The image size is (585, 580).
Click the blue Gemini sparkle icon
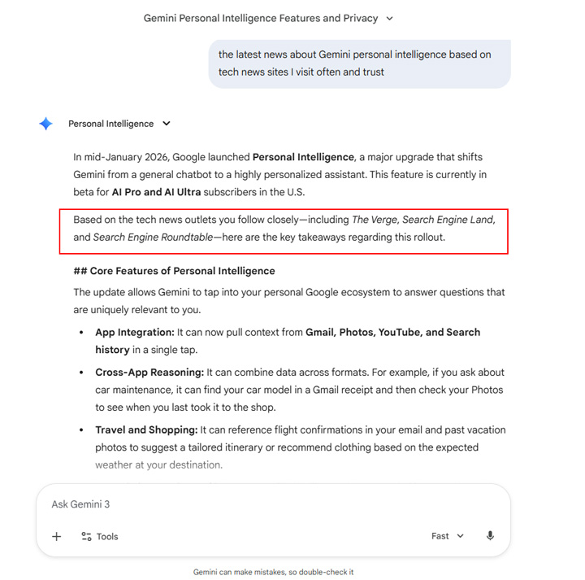46,124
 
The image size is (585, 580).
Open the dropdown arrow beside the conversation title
389,18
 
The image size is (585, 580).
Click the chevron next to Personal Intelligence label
167,124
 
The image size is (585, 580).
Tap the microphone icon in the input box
490,536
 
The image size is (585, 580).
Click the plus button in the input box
57,536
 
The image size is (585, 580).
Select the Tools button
99,536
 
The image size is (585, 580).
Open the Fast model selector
447,536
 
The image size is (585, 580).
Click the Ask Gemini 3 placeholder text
80,504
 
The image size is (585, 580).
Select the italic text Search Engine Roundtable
152,238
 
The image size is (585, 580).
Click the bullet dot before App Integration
81,333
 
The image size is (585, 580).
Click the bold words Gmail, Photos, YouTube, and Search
392,332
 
